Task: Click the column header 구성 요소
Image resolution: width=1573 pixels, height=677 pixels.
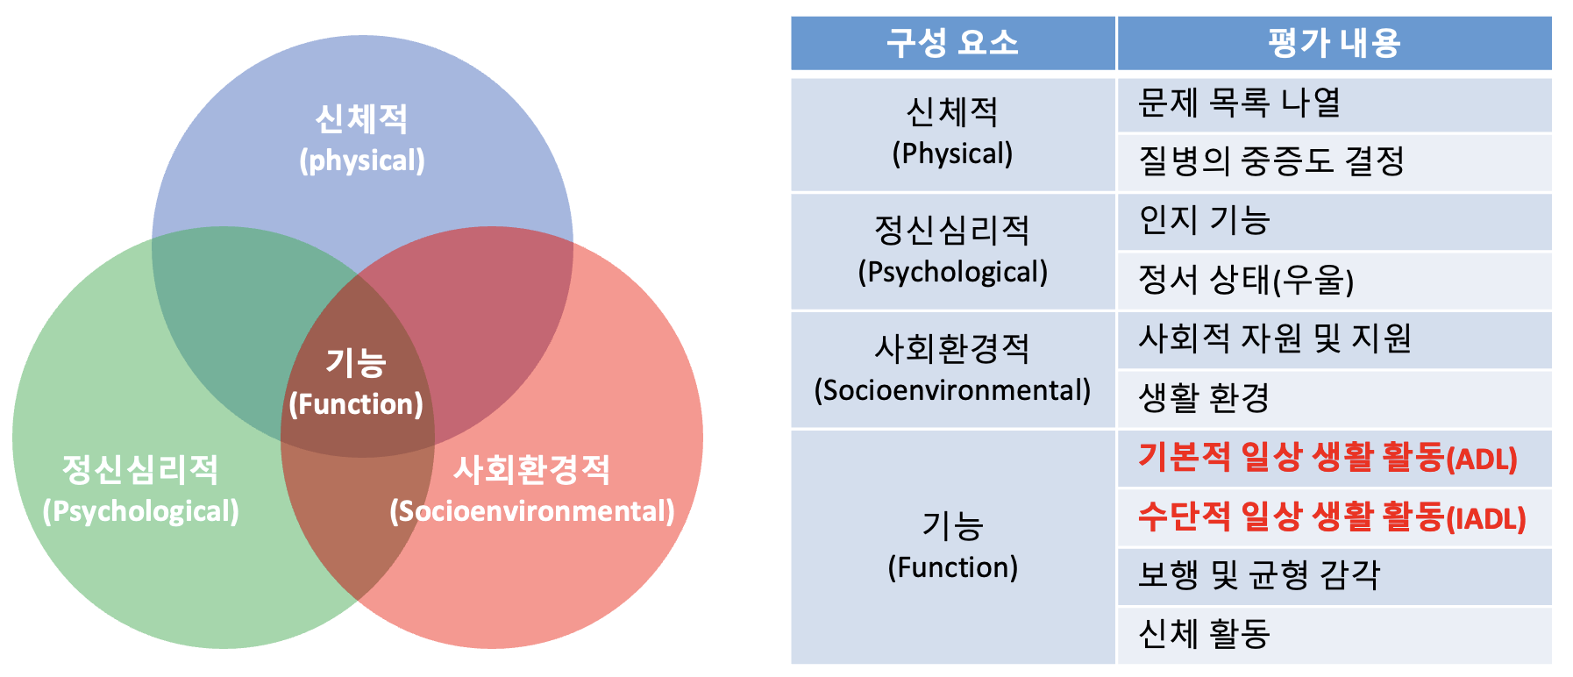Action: [x=952, y=43]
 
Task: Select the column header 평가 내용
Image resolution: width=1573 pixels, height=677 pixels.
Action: [x=1334, y=43]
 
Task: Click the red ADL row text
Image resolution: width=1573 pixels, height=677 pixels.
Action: [x=1327, y=458]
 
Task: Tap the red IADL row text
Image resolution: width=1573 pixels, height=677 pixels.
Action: [x=1332, y=517]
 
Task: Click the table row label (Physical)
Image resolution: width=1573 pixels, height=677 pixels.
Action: [x=952, y=154]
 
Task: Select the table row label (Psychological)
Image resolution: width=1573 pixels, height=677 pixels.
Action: [x=952, y=273]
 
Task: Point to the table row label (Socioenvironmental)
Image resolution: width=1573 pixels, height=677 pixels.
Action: [x=952, y=390]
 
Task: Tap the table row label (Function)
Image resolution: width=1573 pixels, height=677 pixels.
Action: [x=952, y=568]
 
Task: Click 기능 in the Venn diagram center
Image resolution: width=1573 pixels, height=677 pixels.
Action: [x=356, y=363]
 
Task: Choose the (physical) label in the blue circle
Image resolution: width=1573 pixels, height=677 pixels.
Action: [x=362, y=161]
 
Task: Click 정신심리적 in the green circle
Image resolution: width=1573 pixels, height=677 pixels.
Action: [x=140, y=470]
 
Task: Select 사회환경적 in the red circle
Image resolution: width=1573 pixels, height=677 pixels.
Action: [x=531, y=470]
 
